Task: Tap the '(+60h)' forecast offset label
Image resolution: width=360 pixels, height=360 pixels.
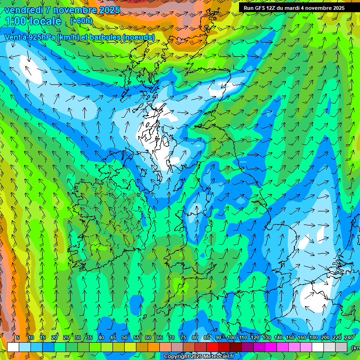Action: (x=81, y=21)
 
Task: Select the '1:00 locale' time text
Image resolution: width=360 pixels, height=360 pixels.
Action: (x=33, y=21)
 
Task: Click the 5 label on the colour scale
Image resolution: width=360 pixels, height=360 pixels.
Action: (x=18, y=338)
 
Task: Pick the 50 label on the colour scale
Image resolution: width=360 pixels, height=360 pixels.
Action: (x=125, y=338)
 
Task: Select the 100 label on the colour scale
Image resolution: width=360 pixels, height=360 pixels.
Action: (x=231, y=338)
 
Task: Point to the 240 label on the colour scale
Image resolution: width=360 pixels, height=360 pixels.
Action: (x=348, y=338)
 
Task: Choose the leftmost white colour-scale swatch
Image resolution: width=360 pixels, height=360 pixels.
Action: (x=13, y=347)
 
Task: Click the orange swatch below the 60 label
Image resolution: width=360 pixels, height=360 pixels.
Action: (x=154, y=347)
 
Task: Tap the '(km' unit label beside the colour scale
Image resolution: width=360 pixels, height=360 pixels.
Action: (x=355, y=347)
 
